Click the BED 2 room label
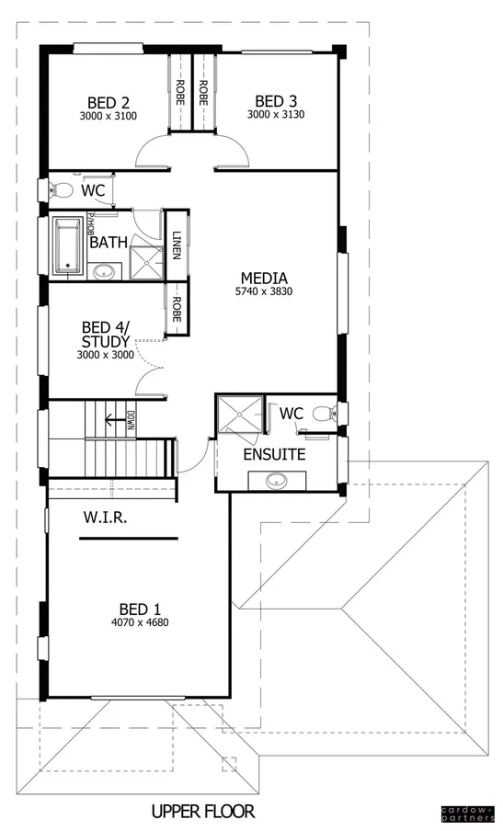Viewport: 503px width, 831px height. [108, 101]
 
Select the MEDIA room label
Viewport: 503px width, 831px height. [264, 278]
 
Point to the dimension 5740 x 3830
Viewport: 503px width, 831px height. [264, 292]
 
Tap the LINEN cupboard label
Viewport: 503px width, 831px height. [177, 245]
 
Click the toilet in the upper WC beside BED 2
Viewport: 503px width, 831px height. [61, 190]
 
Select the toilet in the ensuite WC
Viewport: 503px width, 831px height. [322, 414]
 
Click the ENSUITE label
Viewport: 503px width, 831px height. [274, 454]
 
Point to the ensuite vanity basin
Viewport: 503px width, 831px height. [275, 480]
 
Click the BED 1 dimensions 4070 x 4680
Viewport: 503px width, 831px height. [143, 622]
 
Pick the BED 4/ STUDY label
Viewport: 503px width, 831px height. [106, 334]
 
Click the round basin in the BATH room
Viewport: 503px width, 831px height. [105, 271]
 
